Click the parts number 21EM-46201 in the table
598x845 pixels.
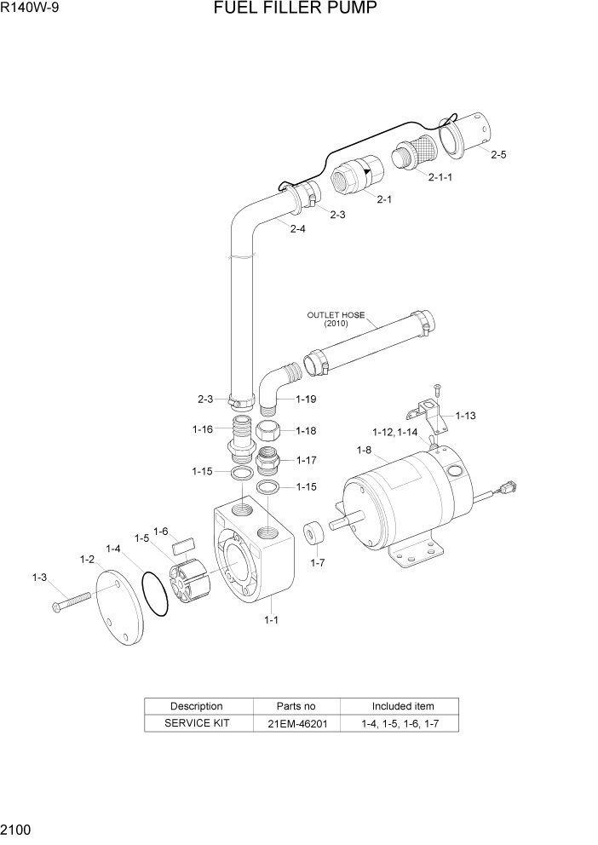(x=296, y=724)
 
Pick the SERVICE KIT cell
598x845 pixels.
(x=197, y=724)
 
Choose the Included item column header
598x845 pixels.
(x=402, y=706)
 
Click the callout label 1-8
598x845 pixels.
(x=364, y=450)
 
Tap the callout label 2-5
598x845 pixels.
(x=498, y=155)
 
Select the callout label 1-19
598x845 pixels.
(x=307, y=399)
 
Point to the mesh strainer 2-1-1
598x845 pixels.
(x=415, y=156)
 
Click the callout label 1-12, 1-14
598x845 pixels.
(x=397, y=432)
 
